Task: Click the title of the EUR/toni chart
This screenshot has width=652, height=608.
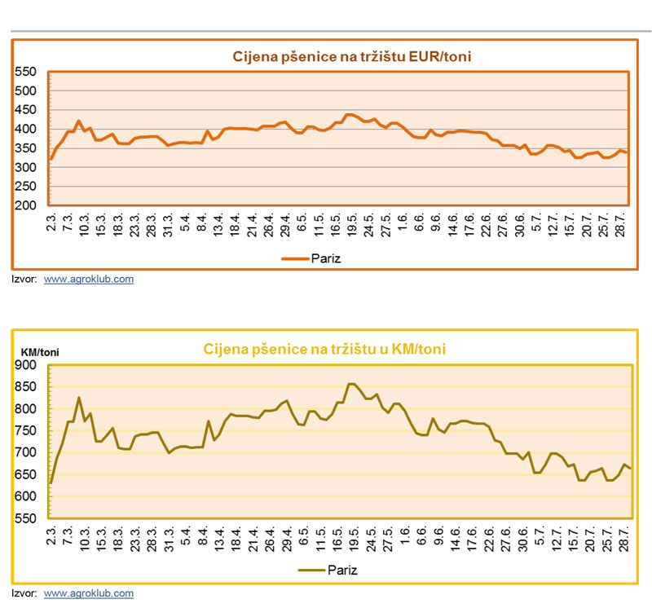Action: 352,56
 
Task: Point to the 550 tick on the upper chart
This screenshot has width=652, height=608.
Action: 26,73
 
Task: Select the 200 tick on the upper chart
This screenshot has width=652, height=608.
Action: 26,205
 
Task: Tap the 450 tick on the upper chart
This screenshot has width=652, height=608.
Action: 26,110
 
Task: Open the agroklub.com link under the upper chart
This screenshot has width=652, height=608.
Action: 88,279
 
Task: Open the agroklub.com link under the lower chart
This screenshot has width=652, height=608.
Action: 88,593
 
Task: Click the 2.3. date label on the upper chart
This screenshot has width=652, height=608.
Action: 51,227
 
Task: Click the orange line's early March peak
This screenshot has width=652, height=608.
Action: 79,121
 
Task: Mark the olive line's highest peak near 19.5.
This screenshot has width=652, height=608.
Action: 350,384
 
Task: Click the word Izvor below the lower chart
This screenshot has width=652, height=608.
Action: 24,593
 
